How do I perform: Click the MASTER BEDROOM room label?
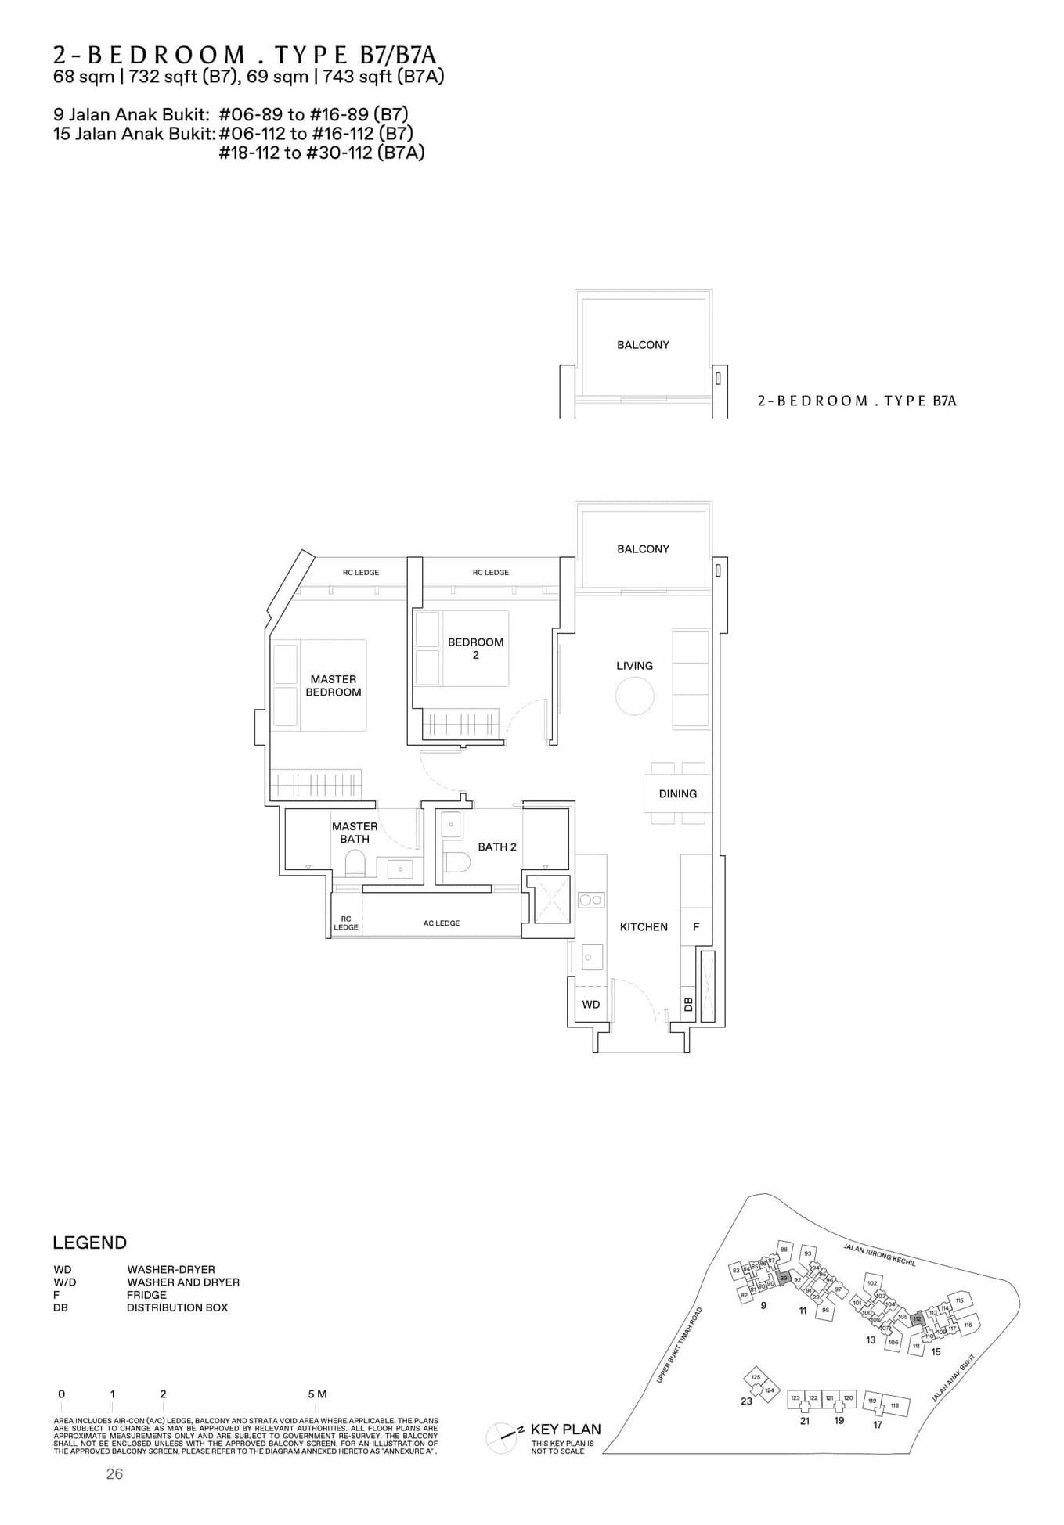(x=334, y=685)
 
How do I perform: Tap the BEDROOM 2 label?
(x=475, y=648)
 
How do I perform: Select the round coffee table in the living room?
(x=634, y=695)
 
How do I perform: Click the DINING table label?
(x=677, y=793)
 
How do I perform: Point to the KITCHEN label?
(x=644, y=926)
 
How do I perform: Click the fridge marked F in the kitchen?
(x=696, y=926)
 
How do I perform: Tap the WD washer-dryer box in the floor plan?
(x=591, y=1004)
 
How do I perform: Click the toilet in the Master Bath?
(x=355, y=864)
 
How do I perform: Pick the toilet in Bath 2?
(x=456, y=862)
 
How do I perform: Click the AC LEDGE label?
(x=442, y=923)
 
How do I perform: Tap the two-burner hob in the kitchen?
(x=591, y=900)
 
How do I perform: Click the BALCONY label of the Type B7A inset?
(x=643, y=345)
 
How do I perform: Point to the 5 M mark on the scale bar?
(x=316, y=1394)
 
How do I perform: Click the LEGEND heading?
(x=89, y=1243)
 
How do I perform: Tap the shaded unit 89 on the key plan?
(x=783, y=1278)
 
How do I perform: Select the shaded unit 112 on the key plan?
(x=918, y=1318)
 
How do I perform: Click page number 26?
(x=114, y=1474)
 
